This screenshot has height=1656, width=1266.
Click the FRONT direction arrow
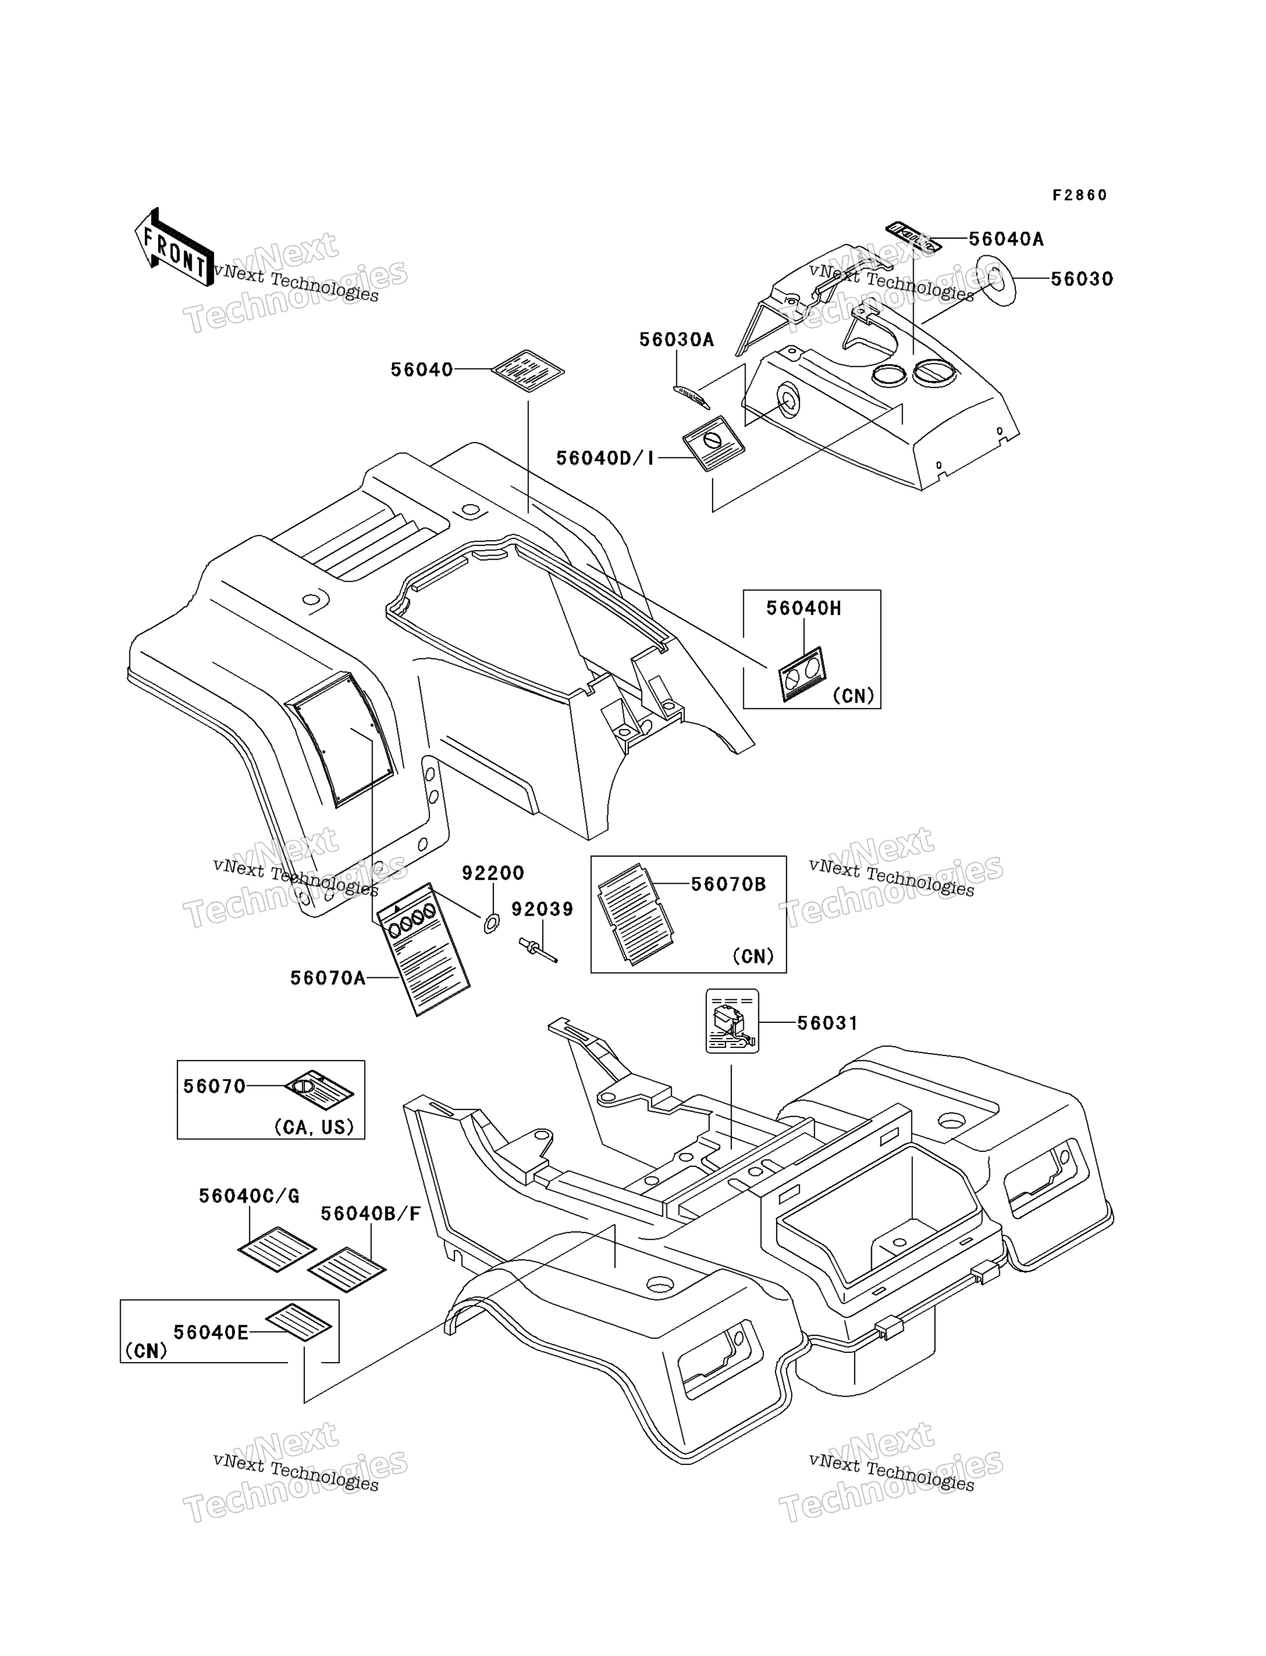(x=173, y=247)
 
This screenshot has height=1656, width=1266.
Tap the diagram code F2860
(x=1080, y=195)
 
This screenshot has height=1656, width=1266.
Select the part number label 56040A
(x=1006, y=239)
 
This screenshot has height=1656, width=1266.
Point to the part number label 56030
(x=1082, y=279)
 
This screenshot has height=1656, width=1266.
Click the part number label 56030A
(x=676, y=340)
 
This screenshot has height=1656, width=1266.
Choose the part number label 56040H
(x=803, y=608)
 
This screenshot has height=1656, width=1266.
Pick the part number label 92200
(x=493, y=873)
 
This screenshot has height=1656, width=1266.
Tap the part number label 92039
(x=542, y=909)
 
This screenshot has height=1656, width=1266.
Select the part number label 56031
(x=828, y=1023)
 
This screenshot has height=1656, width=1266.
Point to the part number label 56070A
(x=328, y=978)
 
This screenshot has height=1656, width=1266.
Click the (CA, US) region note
(x=314, y=1127)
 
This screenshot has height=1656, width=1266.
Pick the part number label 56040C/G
(x=250, y=1196)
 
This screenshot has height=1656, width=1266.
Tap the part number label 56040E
(x=211, y=1333)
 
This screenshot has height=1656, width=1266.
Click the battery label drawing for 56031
(x=732, y=1021)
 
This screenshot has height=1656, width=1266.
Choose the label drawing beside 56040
(x=527, y=371)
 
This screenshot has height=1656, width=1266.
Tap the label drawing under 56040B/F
(x=347, y=1270)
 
